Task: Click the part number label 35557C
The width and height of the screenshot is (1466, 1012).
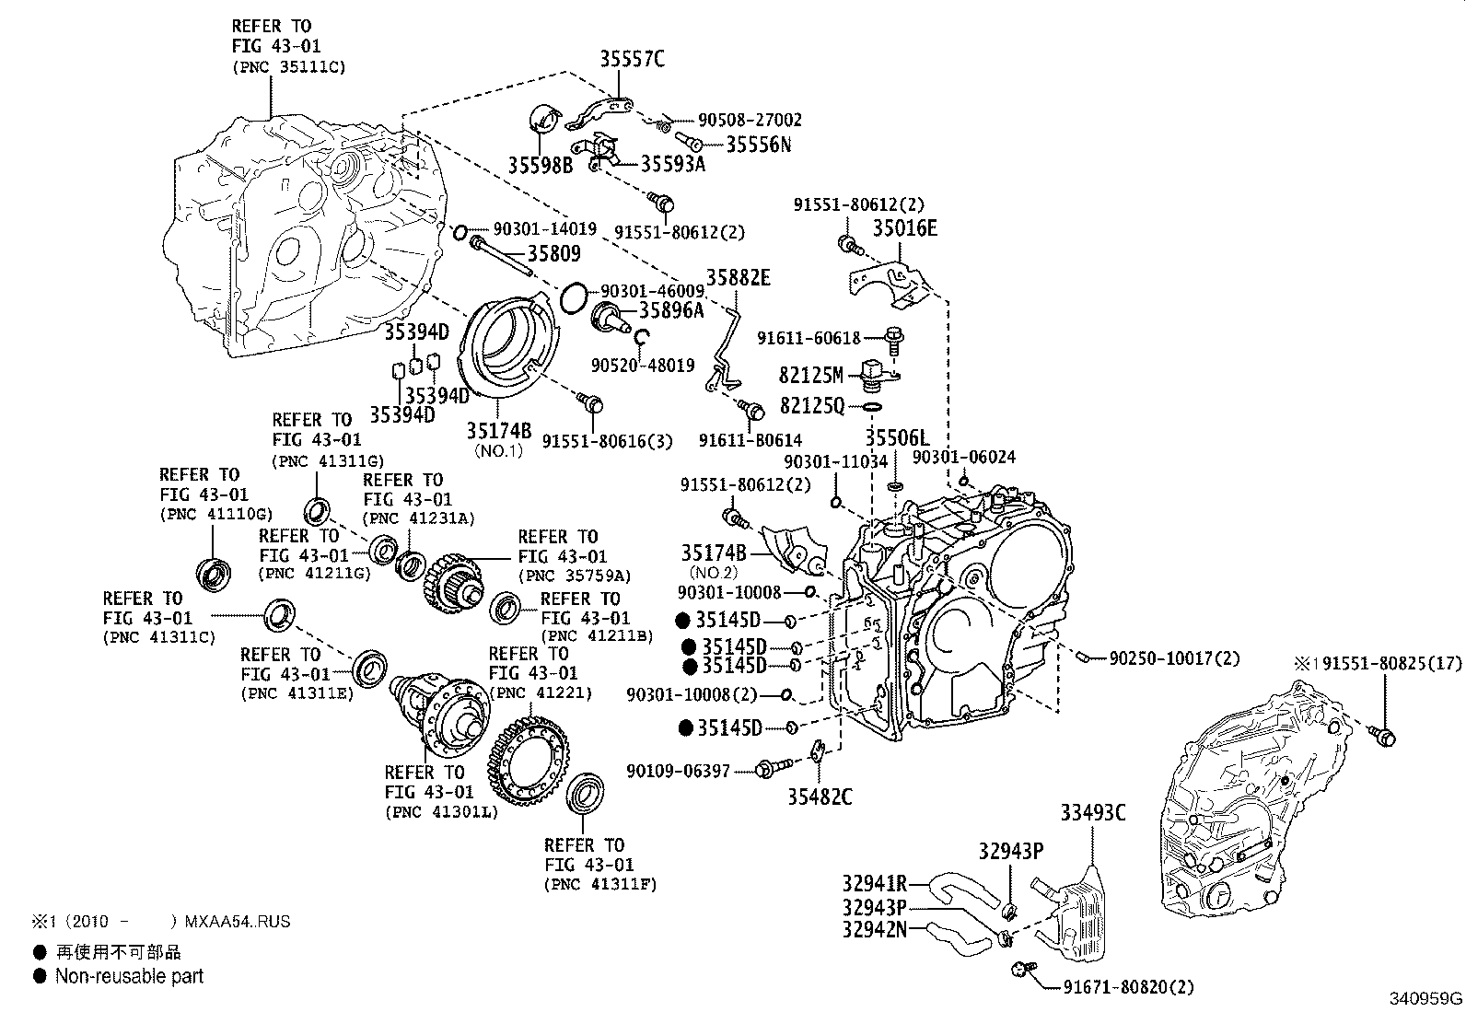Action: [632, 60]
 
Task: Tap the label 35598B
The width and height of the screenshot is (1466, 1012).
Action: [540, 165]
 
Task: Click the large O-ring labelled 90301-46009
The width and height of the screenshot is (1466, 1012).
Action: [573, 297]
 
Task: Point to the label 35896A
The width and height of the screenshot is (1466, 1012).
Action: [670, 310]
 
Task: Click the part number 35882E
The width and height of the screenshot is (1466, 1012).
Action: [739, 277]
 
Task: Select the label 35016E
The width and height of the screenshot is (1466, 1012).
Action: [904, 227]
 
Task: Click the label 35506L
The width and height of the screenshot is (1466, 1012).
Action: [897, 439]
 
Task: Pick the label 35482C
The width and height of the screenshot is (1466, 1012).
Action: [820, 797]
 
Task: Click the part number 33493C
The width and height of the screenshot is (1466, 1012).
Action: [1092, 812]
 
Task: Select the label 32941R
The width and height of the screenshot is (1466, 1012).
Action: [874, 884]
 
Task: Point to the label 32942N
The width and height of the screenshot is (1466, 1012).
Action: [874, 928]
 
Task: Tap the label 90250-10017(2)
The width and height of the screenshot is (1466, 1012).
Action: [1174, 658]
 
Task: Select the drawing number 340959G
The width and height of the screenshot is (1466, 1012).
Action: [1425, 998]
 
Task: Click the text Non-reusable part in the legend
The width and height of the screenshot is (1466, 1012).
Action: [129, 976]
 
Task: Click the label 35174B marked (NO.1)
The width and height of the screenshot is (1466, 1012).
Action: [498, 431]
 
